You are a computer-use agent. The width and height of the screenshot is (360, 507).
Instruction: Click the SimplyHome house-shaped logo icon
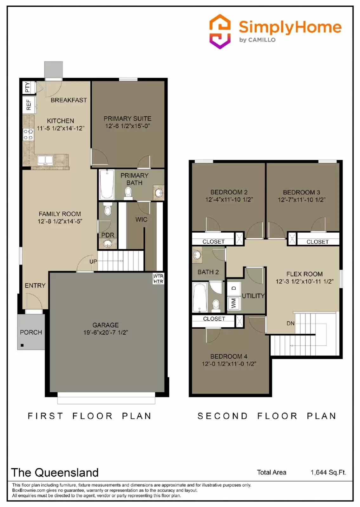pos(220,31)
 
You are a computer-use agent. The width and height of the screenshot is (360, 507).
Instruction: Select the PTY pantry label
pos(28,87)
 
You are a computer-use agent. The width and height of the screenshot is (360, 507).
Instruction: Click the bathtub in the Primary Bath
pos(107,184)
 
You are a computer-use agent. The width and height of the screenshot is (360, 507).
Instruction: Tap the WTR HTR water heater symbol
pos(158,279)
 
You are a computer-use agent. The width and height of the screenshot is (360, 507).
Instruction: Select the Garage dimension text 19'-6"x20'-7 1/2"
pos(105,332)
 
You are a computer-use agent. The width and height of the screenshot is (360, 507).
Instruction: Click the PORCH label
pos(31,332)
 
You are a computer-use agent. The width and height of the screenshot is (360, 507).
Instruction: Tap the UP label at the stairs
pos(93,261)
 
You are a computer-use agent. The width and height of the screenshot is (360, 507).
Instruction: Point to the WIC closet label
pos(141,219)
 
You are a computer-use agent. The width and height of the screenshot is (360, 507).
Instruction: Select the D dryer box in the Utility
pos(234,288)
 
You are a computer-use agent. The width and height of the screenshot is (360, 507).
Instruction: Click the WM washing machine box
pos(234,303)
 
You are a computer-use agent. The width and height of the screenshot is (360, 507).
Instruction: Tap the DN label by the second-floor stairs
pos(290,323)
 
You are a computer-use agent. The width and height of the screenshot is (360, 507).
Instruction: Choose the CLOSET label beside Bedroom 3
pos(317,242)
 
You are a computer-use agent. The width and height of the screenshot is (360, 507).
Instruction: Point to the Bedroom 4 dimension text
pos(229,364)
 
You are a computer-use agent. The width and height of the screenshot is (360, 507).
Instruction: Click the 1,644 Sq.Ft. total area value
pos(328,472)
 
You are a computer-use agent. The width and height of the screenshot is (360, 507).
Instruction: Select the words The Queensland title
pos(55,472)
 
